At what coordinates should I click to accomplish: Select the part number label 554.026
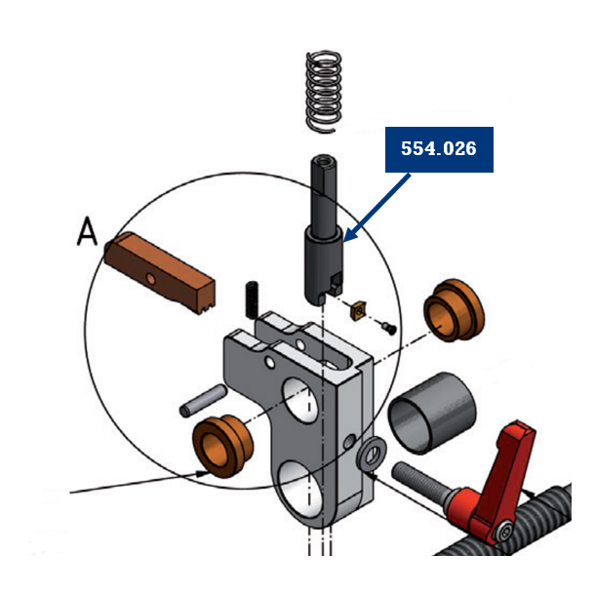(438, 148)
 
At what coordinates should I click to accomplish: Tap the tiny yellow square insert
(359, 310)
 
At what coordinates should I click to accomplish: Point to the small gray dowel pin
(204, 399)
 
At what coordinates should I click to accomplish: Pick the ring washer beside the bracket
(372, 455)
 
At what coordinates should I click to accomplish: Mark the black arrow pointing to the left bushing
(137, 482)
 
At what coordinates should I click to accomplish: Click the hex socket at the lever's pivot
(501, 530)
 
